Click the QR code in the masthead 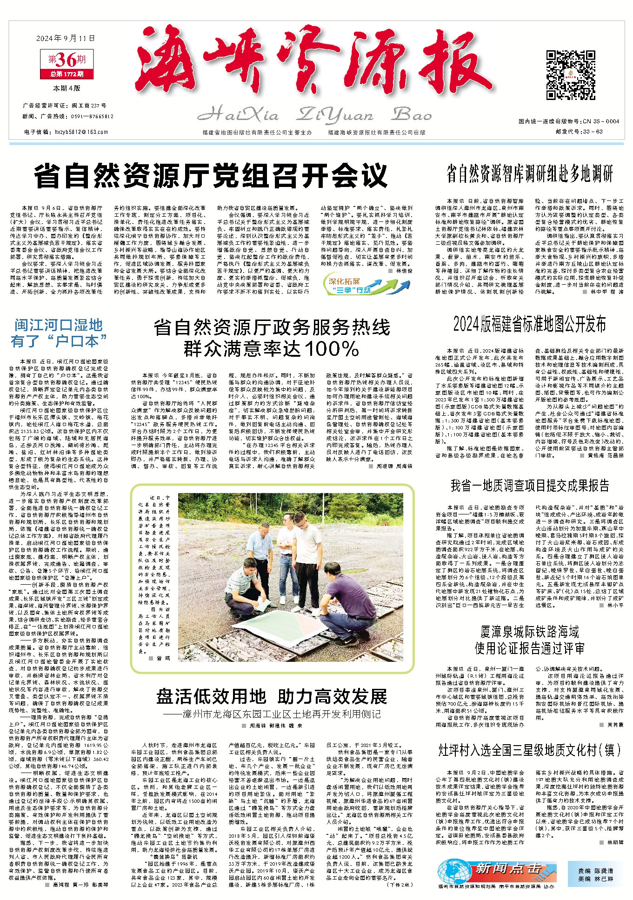point(564,76)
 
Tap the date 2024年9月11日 point(66,39)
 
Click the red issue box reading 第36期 point(67,60)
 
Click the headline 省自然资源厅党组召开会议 point(211,175)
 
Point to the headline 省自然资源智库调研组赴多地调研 point(530,173)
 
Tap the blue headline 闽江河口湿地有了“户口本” point(59,333)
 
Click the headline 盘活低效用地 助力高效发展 point(272,697)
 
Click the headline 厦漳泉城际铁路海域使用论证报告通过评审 point(530,640)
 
